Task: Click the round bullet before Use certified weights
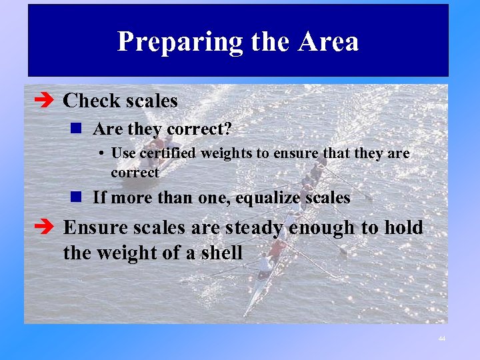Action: click(99, 153)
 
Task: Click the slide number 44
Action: click(441, 339)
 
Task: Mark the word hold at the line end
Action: click(401, 228)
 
